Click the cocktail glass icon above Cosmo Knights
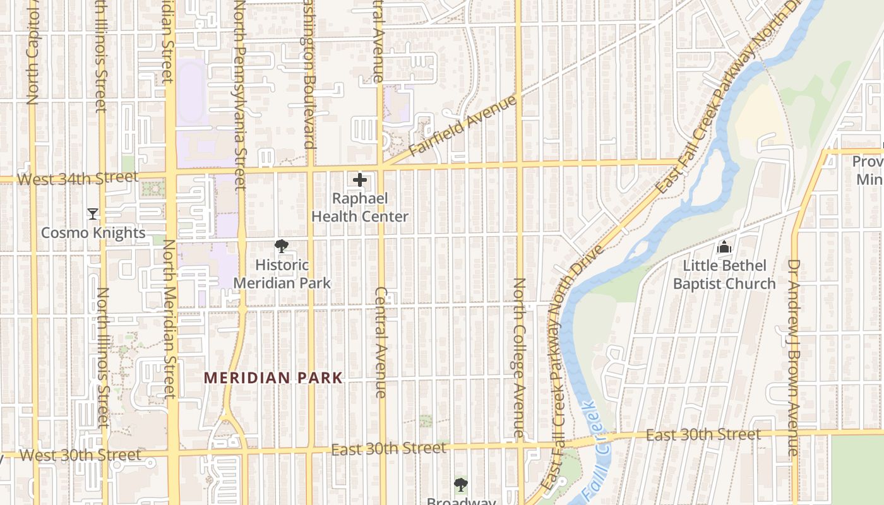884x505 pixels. coord(93,214)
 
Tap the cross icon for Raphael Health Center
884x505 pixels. coord(360,181)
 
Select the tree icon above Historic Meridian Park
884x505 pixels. coord(282,247)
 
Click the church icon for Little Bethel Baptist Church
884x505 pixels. coord(724,247)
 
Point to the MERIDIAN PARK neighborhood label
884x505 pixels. coord(273,378)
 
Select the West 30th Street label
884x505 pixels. coord(81,455)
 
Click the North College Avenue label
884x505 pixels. coord(518,357)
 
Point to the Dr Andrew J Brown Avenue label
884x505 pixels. coord(793,357)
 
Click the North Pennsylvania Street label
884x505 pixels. coord(239,95)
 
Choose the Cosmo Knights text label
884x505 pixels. coord(93,233)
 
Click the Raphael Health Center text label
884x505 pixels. coord(360,207)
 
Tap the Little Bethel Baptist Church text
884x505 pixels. coord(724,275)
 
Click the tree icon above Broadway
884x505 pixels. coord(461,485)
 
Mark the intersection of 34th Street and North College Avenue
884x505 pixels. coord(518,165)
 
